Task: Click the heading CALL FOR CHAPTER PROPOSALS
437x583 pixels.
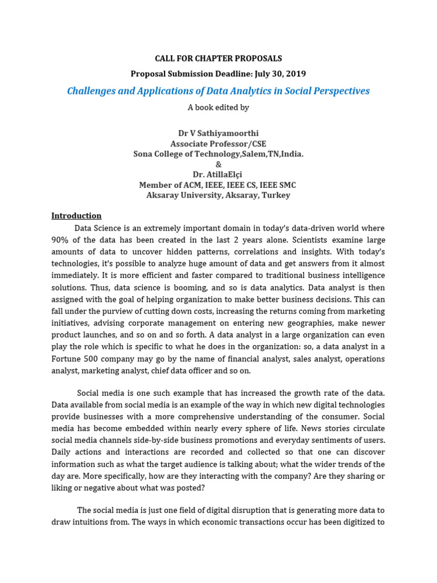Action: [218, 59]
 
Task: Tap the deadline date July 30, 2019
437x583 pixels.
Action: [277, 74]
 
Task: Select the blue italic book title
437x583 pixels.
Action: [218, 91]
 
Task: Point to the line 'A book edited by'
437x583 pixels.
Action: [218, 108]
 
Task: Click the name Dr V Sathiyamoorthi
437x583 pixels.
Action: [218, 133]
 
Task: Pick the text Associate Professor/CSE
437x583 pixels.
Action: [218, 144]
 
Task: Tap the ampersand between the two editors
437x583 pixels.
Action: [218, 165]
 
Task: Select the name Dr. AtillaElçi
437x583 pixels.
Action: [218, 175]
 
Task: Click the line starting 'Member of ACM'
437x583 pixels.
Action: [218, 185]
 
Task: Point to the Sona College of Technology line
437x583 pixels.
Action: [218, 154]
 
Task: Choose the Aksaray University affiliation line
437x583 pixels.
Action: [218, 195]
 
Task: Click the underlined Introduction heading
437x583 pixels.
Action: [76, 216]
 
